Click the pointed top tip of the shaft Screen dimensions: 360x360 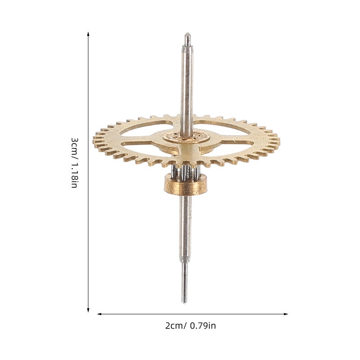click(187, 33)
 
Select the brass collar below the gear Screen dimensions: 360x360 click(186, 185)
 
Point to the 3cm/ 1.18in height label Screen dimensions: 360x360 click(74, 163)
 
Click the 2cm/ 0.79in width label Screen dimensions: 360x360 click(190, 326)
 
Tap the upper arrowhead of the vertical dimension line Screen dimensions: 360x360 click(88, 34)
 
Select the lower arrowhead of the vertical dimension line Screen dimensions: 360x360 click(88, 310)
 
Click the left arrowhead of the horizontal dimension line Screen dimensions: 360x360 click(99, 314)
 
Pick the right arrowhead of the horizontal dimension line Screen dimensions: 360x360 click(286, 314)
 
